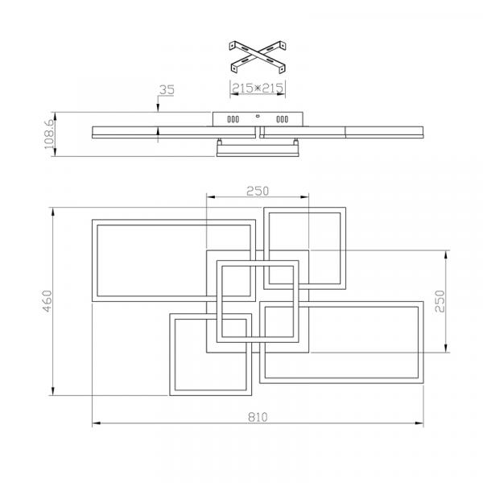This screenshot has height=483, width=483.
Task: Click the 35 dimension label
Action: (x=167, y=89)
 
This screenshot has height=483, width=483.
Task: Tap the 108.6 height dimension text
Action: (x=49, y=134)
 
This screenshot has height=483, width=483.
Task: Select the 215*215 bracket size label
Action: (x=258, y=88)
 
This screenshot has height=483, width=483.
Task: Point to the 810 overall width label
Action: (x=258, y=417)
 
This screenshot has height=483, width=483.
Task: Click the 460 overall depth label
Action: (x=47, y=301)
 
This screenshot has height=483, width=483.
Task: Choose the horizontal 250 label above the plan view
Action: (x=258, y=191)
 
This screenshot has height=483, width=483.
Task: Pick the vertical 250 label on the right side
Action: (x=440, y=301)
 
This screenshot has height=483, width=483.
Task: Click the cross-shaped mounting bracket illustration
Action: (x=258, y=57)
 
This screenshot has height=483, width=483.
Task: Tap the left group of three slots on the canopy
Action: (x=233, y=119)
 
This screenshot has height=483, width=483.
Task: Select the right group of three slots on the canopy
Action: (x=283, y=119)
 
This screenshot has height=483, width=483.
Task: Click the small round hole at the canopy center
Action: (x=258, y=116)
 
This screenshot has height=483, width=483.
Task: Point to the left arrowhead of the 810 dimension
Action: (x=97, y=423)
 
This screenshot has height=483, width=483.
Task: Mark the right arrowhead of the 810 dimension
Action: (x=419, y=423)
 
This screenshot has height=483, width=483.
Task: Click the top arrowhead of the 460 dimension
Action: (x=53, y=212)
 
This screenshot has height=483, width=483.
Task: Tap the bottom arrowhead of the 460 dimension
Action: (x=53, y=391)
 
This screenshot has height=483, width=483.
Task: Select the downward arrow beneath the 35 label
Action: (x=158, y=104)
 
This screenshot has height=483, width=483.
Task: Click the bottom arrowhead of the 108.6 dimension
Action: (x=55, y=152)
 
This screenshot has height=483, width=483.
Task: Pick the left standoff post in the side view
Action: (x=220, y=142)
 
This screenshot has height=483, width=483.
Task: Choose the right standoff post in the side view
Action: (x=295, y=142)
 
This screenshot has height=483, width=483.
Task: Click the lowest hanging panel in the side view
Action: (x=258, y=151)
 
